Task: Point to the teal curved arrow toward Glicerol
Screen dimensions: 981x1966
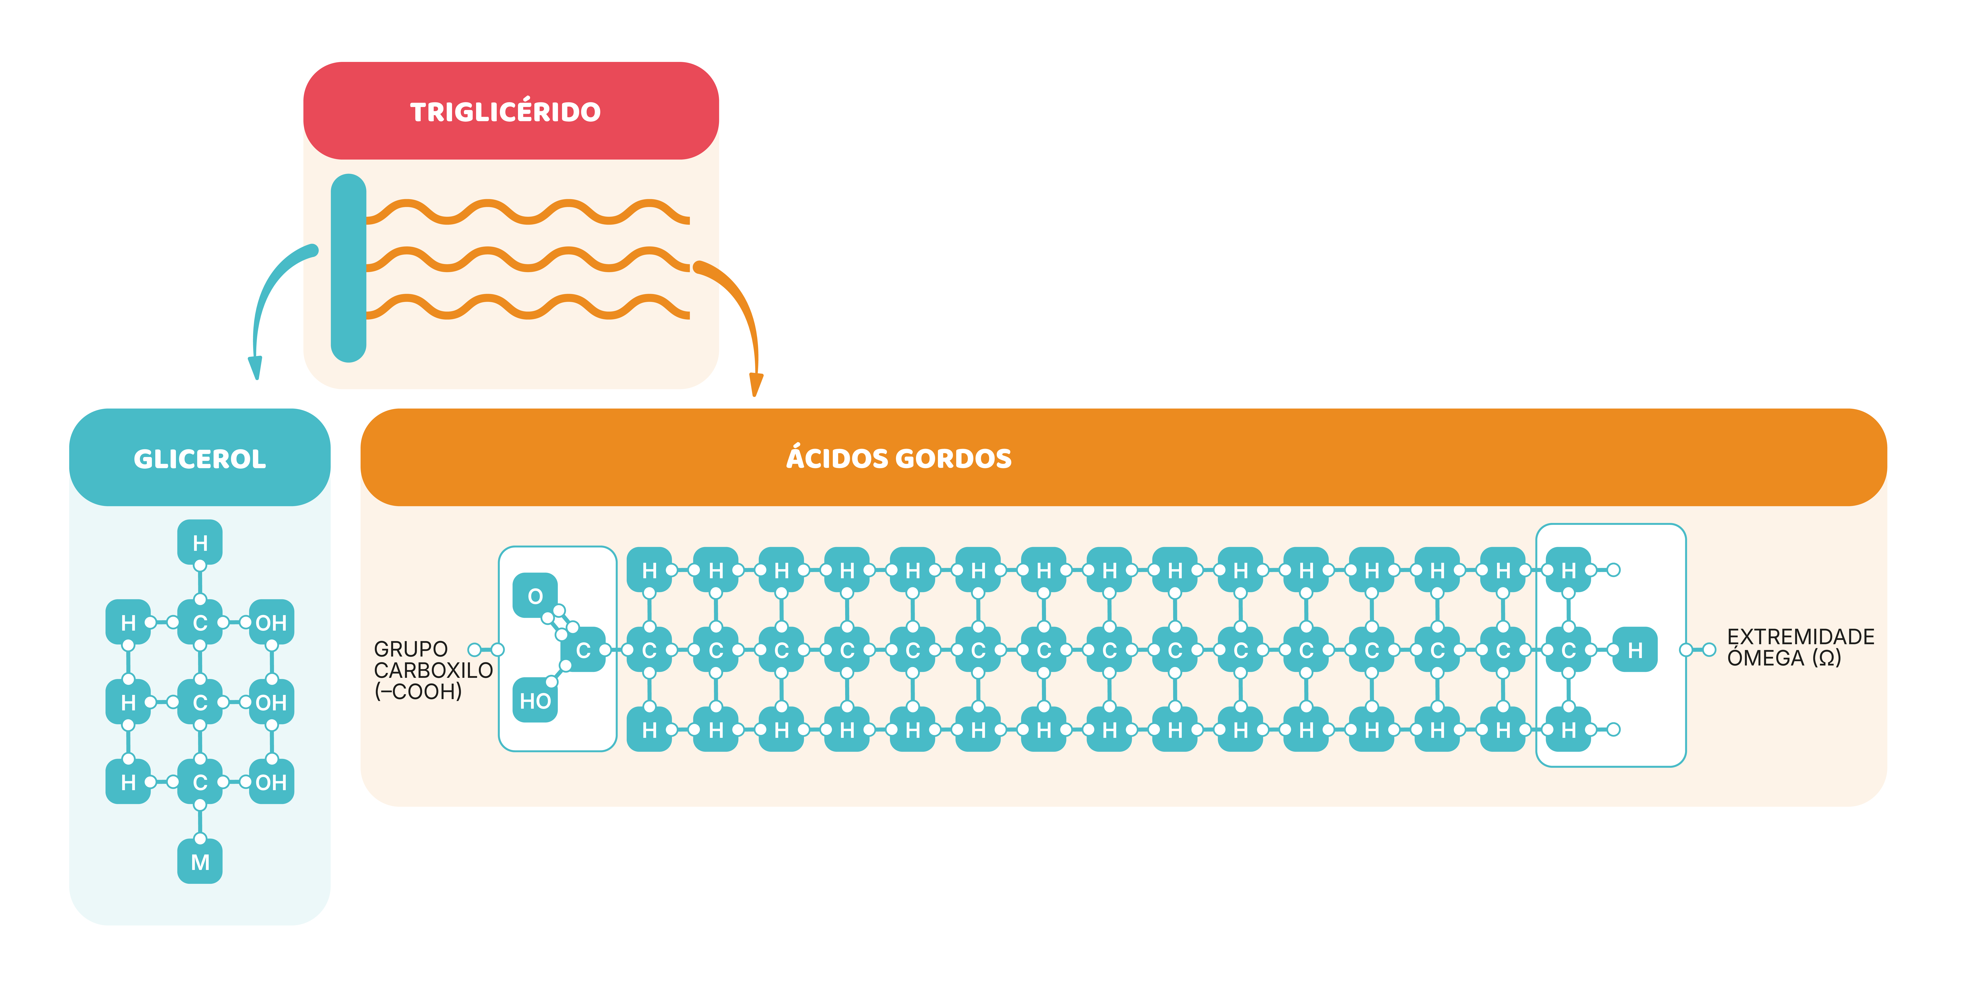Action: [267, 298]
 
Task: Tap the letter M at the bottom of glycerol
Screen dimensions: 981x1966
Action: [200, 863]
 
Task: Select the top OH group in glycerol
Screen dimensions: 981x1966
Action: [271, 623]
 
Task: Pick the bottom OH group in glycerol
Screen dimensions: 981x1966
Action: [271, 783]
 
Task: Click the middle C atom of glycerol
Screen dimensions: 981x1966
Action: [200, 702]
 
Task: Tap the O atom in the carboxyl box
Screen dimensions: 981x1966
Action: [535, 595]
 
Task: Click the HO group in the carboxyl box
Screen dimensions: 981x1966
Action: [535, 701]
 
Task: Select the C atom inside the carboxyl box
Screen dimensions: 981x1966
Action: [583, 650]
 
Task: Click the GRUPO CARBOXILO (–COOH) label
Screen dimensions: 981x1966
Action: [433, 670]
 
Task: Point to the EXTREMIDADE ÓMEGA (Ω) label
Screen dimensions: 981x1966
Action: [1800, 647]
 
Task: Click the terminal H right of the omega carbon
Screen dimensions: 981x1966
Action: [1635, 650]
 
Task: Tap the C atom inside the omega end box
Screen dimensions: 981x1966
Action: [1568, 650]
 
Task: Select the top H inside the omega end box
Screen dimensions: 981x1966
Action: [1568, 570]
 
